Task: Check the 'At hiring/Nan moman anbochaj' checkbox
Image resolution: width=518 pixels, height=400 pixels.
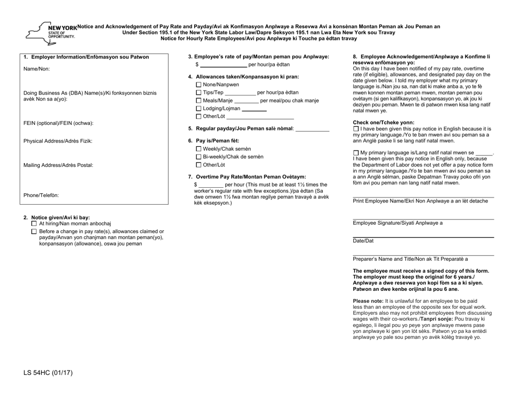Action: [34, 224]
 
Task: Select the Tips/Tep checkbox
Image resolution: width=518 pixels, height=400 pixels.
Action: [198, 92]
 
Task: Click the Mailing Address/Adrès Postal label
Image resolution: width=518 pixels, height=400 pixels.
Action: [58, 165]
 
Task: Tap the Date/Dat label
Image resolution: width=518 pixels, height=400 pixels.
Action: [364, 241]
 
